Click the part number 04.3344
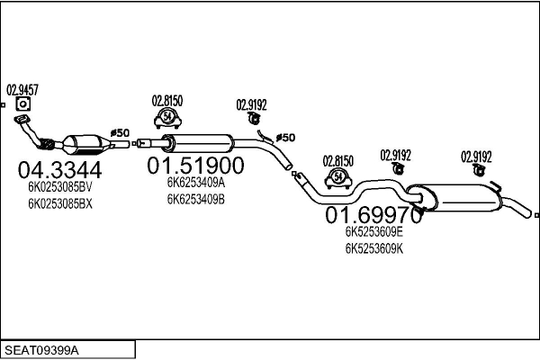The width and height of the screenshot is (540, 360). tap(59, 168)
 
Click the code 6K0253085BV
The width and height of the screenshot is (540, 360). tap(59, 187)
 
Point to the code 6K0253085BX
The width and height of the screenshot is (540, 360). tap(59, 203)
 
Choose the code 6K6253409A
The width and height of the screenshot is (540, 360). tap(195, 183)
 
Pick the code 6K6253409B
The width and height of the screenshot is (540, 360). tap(195, 198)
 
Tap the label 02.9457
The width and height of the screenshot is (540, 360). tap(22, 89)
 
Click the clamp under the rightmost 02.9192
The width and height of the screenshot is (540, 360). tap(477, 170)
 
